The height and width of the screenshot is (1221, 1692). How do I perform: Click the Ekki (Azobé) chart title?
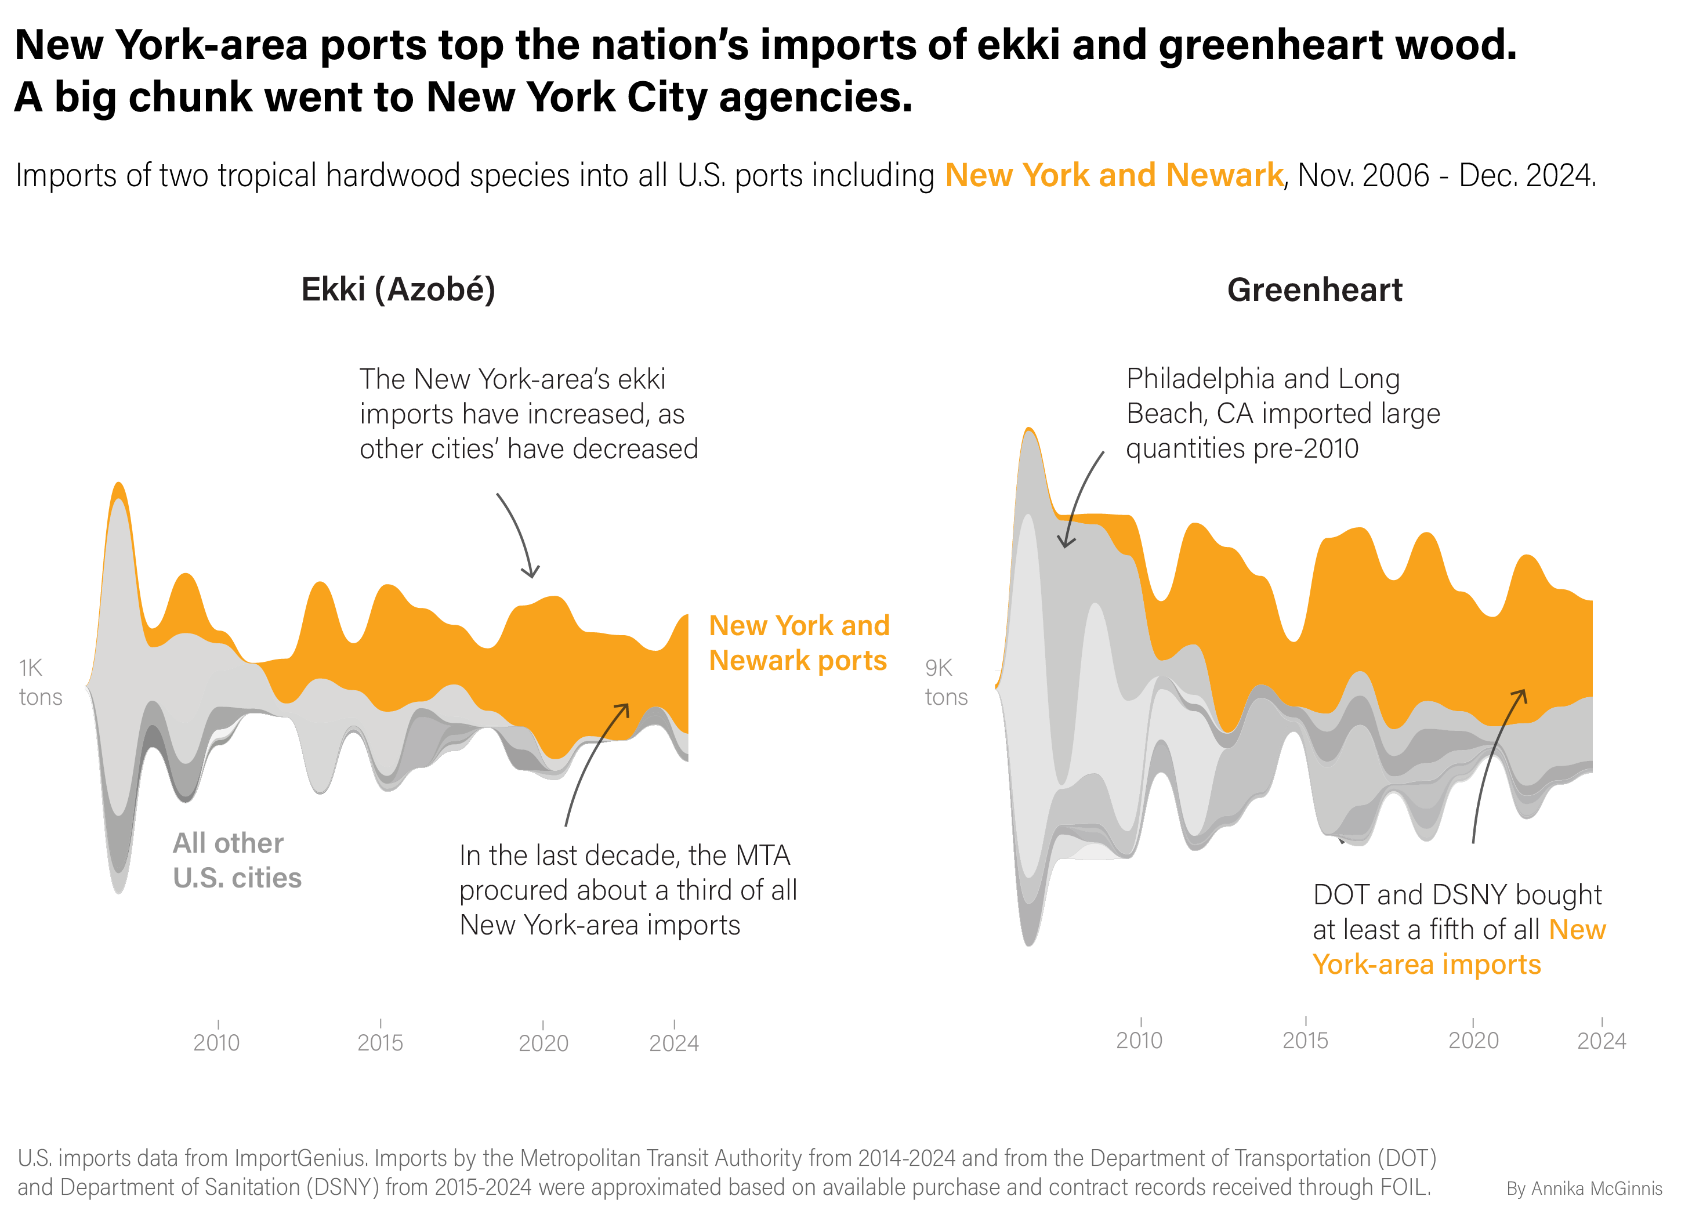coord(398,289)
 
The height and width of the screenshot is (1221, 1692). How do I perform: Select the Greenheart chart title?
coord(1314,289)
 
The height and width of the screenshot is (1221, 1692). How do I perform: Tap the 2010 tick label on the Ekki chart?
coord(216,1041)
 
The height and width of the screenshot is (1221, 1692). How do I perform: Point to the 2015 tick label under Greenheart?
coord(1305,1040)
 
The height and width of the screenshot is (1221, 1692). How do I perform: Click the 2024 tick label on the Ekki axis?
coord(673,1042)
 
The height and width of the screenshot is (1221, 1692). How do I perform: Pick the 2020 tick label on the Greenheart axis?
coord(1473,1040)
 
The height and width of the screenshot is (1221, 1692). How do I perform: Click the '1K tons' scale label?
coord(40,682)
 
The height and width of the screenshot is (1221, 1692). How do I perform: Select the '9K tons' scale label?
coord(946,682)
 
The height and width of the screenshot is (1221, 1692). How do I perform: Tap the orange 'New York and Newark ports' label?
coord(798,642)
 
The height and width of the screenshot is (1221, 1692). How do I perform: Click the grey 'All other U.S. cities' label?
coord(237,860)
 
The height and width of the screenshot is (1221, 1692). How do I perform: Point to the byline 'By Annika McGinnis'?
coord(1584,1188)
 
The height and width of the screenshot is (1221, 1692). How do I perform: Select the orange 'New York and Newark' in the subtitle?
coord(1114,175)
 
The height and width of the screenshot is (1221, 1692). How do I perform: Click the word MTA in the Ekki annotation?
coord(762,855)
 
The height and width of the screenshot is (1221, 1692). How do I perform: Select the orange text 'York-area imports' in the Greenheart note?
coord(1426,965)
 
